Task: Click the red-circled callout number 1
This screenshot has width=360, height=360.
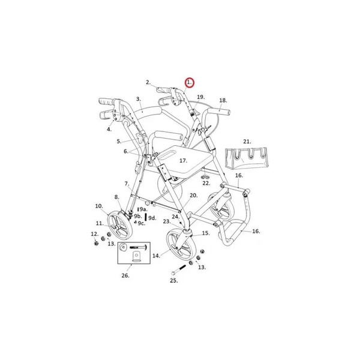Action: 190,83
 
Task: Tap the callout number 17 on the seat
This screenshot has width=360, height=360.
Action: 183,160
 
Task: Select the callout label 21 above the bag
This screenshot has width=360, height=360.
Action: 247,142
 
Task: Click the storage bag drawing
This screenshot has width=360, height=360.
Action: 247,158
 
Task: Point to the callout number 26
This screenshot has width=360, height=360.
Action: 125,275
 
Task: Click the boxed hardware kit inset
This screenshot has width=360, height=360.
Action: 134,253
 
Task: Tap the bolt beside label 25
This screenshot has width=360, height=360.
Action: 178,270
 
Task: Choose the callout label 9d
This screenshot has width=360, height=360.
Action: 152,218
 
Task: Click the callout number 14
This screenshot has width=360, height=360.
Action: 156,256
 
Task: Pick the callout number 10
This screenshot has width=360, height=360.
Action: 99,206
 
